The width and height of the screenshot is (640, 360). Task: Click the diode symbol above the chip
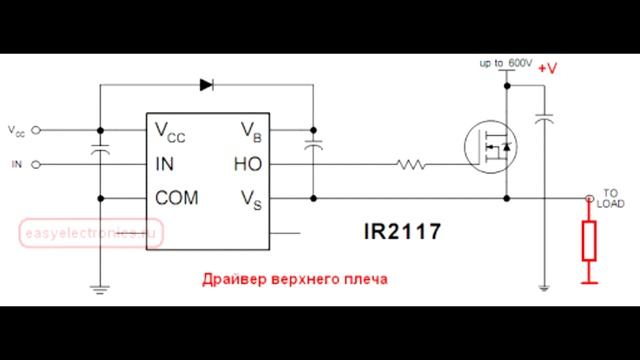pyautogui.click(x=206, y=85)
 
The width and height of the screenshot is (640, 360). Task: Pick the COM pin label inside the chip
pyautogui.click(x=177, y=198)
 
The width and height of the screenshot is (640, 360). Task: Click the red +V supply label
pyautogui.click(x=548, y=69)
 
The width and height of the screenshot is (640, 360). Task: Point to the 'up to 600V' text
pyautogui.click(x=505, y=63)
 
